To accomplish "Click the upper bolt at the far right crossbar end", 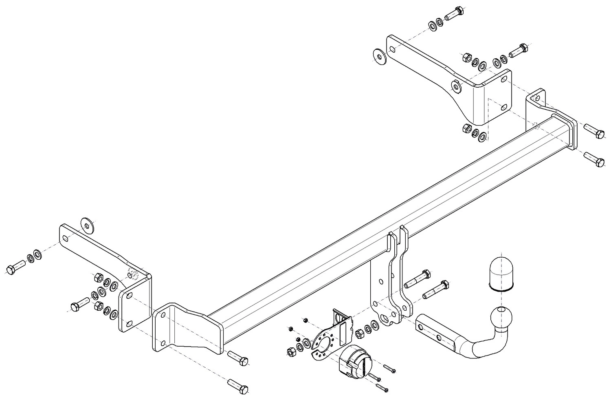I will (593, 131).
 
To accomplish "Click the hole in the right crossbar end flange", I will (536, 98).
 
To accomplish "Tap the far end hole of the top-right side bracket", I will (391, 49).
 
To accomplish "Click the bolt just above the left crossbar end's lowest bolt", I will (237, 358).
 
